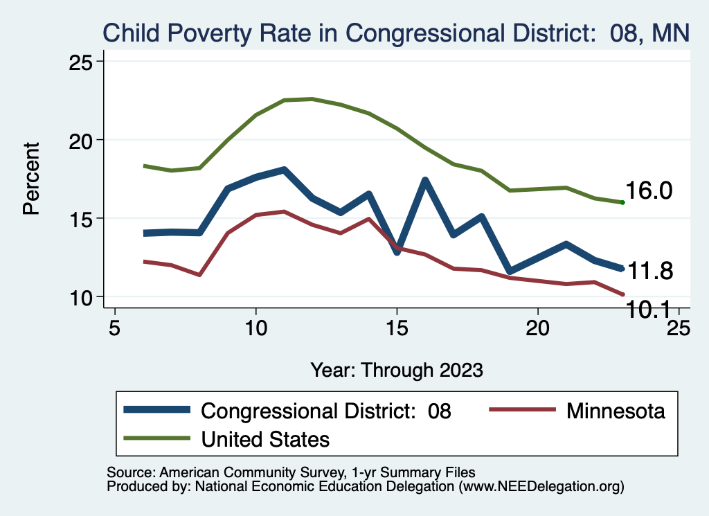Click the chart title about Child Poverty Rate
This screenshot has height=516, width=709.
point(397,33)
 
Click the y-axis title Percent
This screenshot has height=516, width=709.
point(31,179)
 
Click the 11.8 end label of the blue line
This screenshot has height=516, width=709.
point(649,271)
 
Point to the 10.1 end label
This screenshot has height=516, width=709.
point(649,310)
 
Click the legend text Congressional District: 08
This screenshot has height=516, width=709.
point(325,411)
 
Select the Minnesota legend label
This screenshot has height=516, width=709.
point(616,411)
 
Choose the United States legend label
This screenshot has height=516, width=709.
point(265,438)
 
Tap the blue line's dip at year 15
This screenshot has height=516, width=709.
point(397,251)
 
